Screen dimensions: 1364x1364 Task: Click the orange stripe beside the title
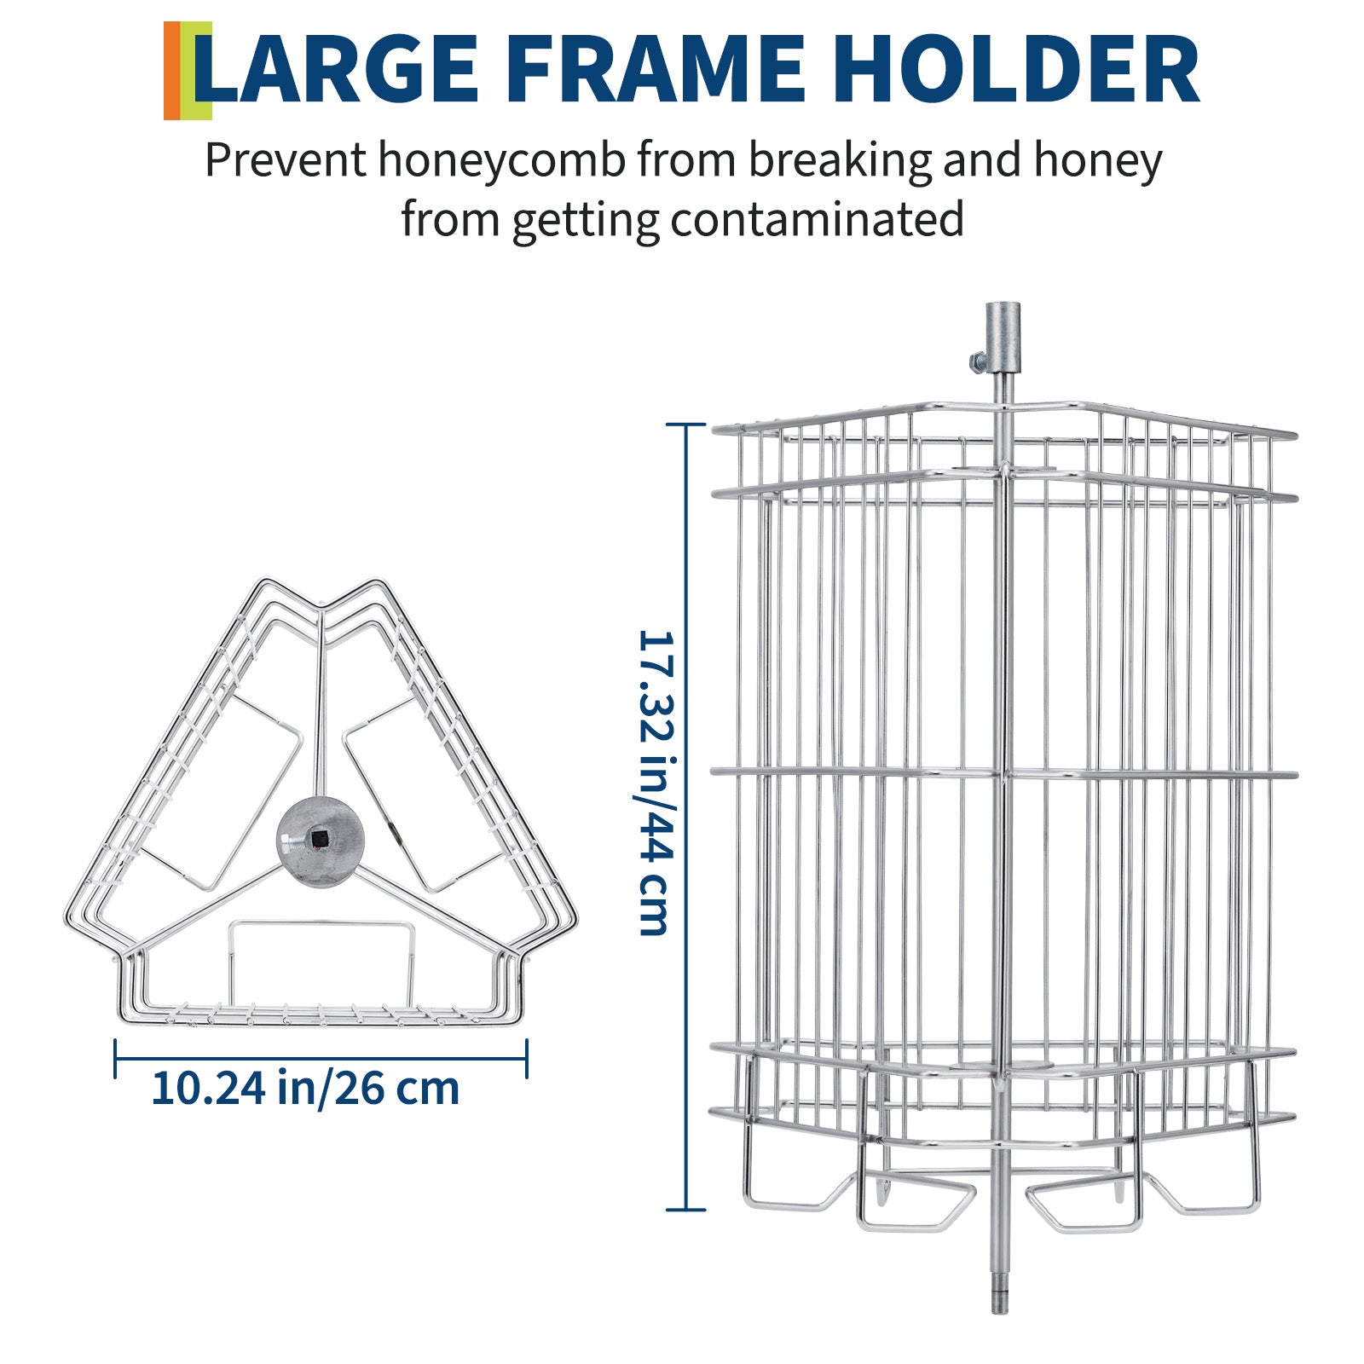[x=171, y=71]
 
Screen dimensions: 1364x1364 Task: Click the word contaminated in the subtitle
[x=817, y=220]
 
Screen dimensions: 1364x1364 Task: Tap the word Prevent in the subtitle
[x=286, y=160]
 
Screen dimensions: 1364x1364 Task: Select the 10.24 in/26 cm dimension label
[x=305, y=1088]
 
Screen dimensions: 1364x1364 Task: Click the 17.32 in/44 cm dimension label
[x=657, y=783]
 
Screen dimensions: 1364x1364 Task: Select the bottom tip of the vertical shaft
[x=998, y=1311]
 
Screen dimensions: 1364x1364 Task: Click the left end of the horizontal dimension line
[x=116, y=1060]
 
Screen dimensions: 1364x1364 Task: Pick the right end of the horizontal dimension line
[x=527, y=1060]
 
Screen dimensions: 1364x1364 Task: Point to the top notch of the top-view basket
[x=321, y=606]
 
